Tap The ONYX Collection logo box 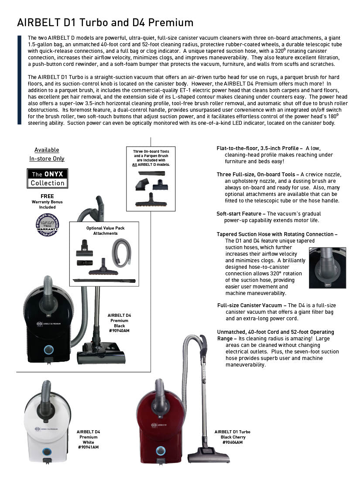pos(48,178)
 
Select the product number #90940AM pos(119,331)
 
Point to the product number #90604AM pos(232,442)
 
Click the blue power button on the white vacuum pos(46,452)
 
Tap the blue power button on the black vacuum pos(49,349)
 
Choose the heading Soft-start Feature pos(241,214)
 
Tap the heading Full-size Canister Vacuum pos(251,305)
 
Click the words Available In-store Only pos(47,154)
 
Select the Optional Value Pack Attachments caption pos(105,231)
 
